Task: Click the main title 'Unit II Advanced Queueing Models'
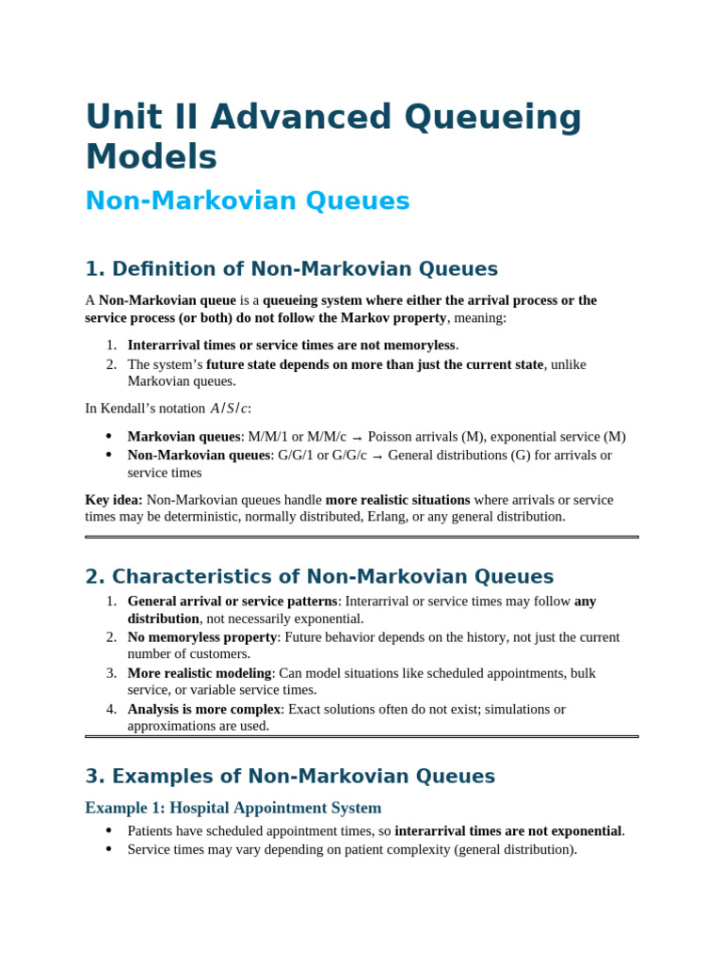tap(333, 137)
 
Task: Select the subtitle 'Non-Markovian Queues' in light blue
tap(248, 201)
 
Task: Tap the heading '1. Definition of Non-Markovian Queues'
tap(291, 269)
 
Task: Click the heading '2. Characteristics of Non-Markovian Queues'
tap(319, 577)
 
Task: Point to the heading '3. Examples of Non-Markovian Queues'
tap(290, 777)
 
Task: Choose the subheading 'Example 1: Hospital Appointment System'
tap(233, 808)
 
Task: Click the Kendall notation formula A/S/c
tap(230, 409)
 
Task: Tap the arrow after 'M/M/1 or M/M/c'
tap(357, 438)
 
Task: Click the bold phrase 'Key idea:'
tap(114, 500)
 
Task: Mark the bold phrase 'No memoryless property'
tap(201, 637)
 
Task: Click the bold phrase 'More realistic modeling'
tap(200, 673)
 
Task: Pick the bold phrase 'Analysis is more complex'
tap(204, 709)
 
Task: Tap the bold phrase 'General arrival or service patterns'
tap(233, 602)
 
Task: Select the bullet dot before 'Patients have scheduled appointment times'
tap(108, 830)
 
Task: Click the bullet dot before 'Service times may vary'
tap(108, 849)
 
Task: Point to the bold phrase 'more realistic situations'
tap(397, 500)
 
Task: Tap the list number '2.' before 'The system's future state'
tap(111, 364)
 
